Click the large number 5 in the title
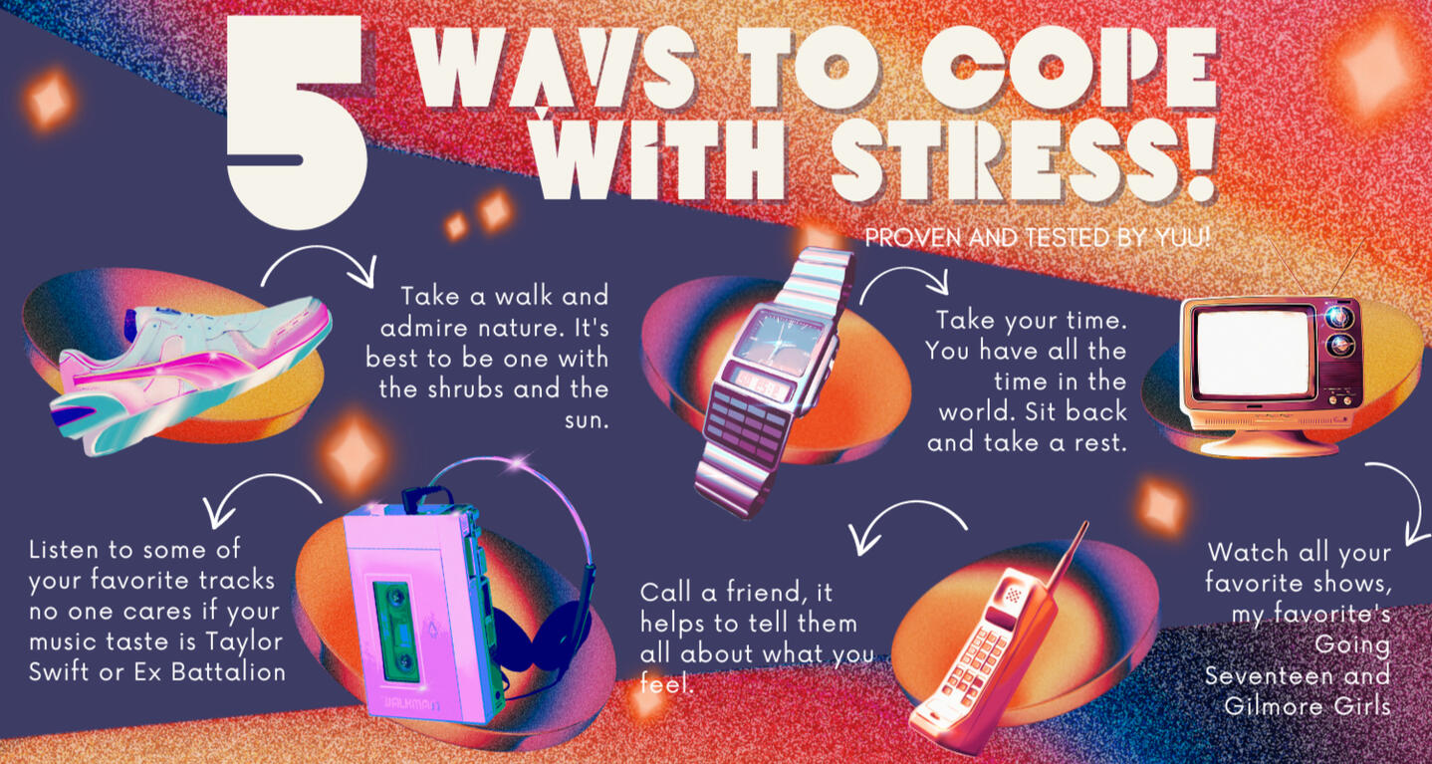tap(296, 122)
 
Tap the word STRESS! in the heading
tap(1023, 159)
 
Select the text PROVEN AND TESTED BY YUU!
tap(1038, 238)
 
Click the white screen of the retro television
tap(1254, 354)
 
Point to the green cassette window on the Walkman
tap(397, 630)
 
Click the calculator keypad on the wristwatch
tap(747, 425)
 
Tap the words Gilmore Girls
tap(1308, 706)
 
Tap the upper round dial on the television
tap(1337, 317)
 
